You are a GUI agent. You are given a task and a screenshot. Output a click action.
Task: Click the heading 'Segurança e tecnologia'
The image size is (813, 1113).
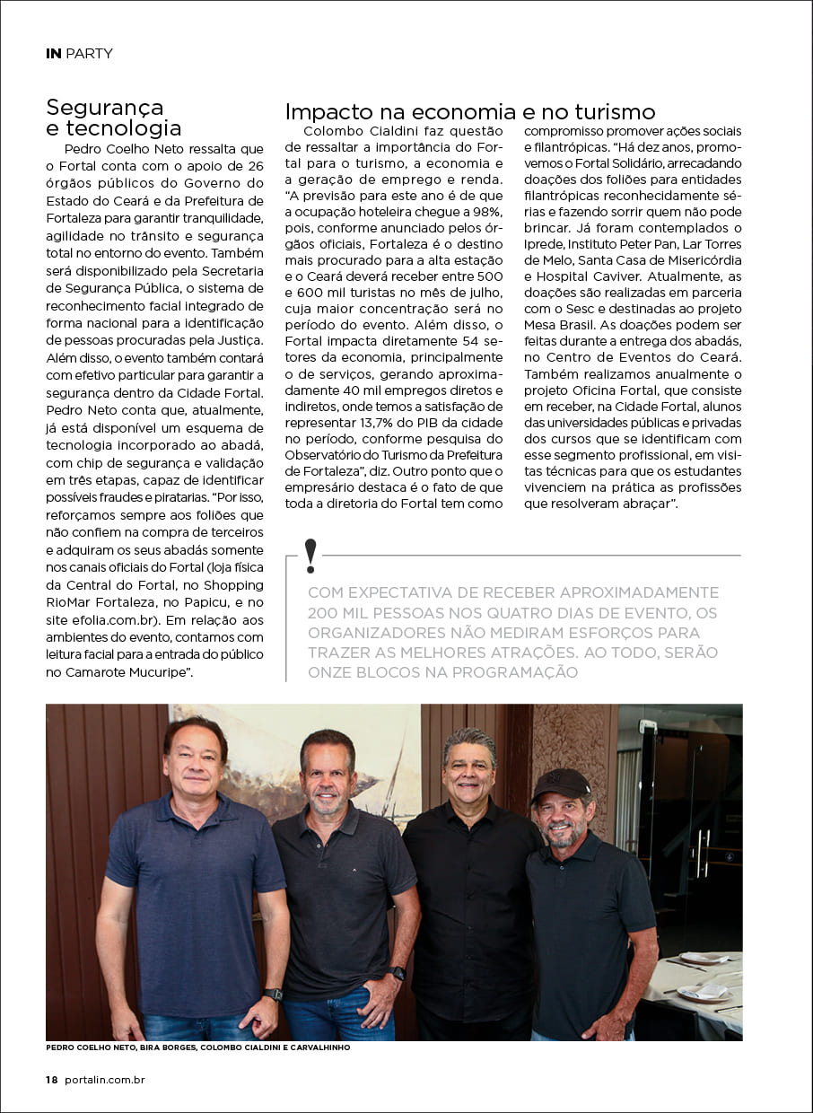pos(113,118)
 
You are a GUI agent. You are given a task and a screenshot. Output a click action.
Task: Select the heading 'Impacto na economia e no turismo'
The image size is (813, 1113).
pos(469,112)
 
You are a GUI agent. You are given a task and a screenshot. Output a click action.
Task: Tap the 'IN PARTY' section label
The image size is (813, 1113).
pos(79,54)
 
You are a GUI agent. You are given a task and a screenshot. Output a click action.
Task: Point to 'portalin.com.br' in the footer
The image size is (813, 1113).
pos(105,1080)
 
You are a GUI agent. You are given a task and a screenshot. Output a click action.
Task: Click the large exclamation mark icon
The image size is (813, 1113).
pos(310,556)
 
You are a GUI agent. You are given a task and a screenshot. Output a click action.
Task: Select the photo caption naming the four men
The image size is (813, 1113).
pos(197,1047)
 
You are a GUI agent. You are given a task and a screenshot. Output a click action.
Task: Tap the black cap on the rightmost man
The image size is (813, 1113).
pos(560,783)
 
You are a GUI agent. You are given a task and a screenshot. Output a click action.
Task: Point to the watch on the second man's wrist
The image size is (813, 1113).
pos(398,973)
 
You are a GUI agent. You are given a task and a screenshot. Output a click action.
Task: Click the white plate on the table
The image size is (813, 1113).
pos(704,993)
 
